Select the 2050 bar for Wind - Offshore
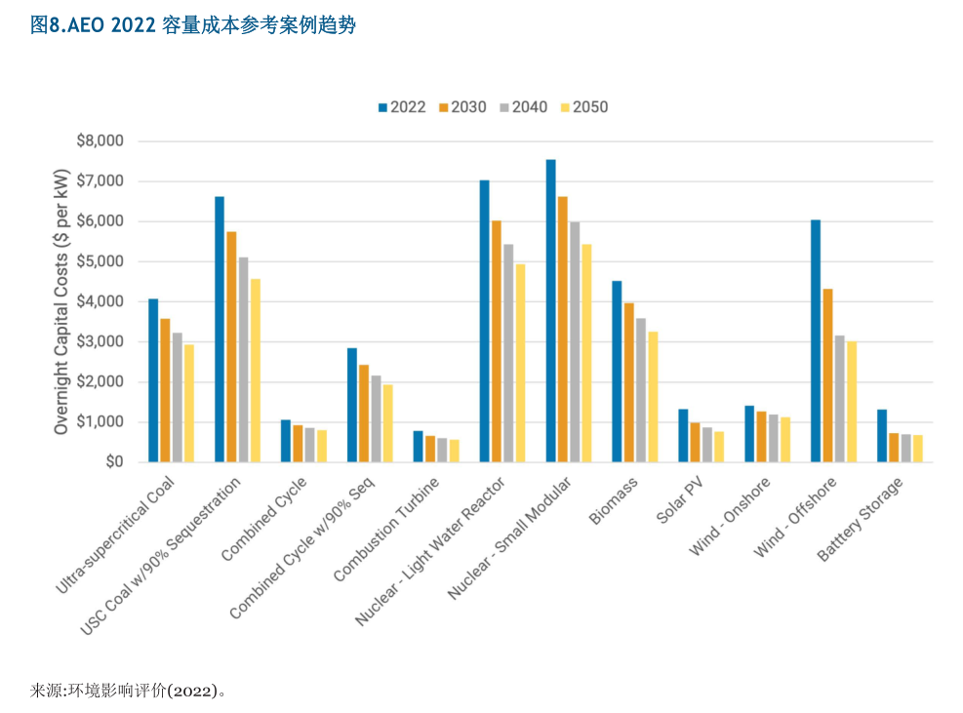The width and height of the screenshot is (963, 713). click(851, 401)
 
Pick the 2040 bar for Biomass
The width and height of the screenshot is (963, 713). click(641, 389)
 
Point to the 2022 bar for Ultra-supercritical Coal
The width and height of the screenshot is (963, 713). click(153, 379)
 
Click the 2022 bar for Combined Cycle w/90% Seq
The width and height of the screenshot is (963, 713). click(352, 405)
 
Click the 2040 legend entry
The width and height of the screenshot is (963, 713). click(523, 107)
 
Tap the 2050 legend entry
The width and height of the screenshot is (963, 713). click(582, 107)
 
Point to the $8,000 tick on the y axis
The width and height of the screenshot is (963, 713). click(100, 141)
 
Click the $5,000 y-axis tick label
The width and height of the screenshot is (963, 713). click(100, 261)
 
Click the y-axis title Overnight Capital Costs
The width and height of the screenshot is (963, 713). click(61, 301)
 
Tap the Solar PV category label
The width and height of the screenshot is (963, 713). click(680, 501)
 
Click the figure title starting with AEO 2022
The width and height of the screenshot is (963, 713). click(192, 25)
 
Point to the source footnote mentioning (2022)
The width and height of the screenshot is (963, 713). click(128, 691)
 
